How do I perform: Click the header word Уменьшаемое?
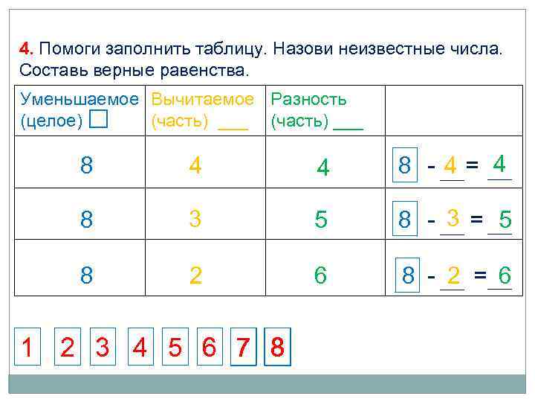point(80,100)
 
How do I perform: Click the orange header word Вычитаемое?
point(202,100)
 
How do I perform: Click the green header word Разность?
point(308,100)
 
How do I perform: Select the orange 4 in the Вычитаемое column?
point(195,165)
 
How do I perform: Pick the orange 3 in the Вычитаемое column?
point(195,220)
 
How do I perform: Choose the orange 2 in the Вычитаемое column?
point(195,275)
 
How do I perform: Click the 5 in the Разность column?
point(321,220)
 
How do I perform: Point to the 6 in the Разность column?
point(320,275)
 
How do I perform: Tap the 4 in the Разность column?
point(322,167)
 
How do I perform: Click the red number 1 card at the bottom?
point(27,348)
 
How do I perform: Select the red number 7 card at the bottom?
point(243,348)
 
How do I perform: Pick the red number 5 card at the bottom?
point(175,348)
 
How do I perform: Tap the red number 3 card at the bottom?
point(103,348)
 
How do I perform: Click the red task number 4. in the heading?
point(27,49)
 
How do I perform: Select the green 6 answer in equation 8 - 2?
point(504,276)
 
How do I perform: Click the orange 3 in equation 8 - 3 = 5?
point(452,217)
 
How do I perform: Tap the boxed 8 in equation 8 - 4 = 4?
point(405,165)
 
